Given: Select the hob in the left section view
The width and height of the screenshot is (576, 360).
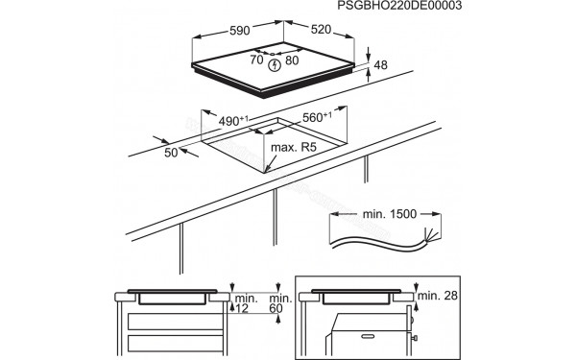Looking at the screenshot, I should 172,297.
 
